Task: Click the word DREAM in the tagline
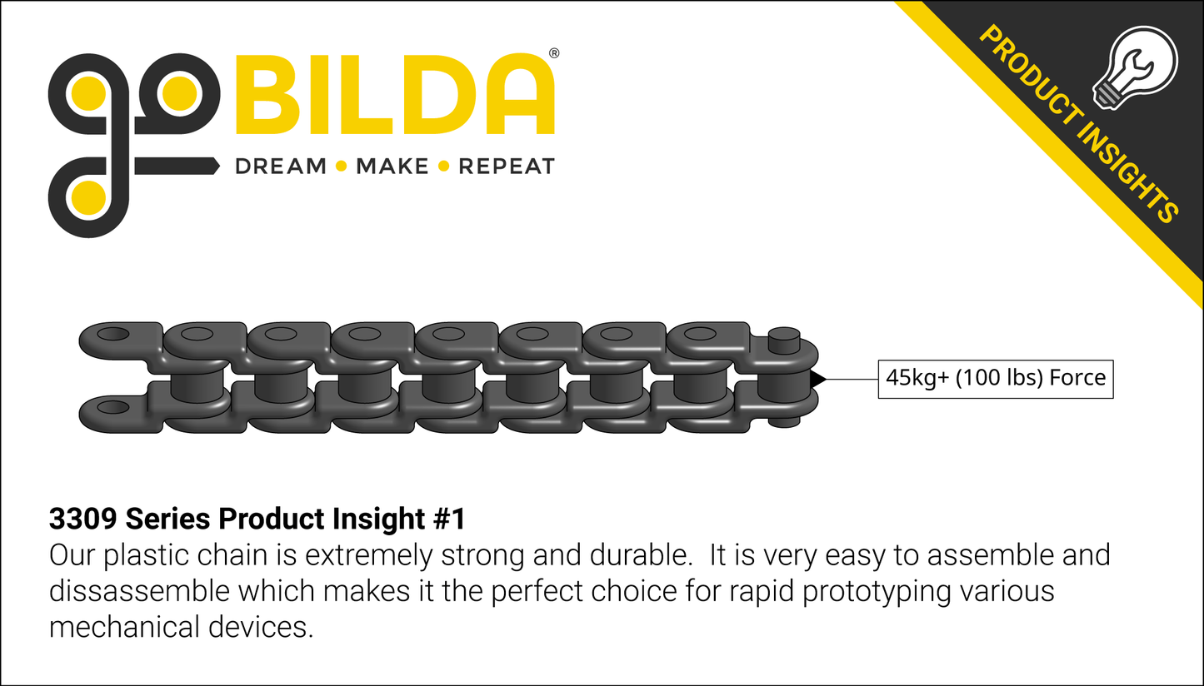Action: click(x=281, y=167)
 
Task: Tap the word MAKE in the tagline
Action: click(x=392, y=167)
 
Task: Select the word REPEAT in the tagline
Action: click(x=507, y=167)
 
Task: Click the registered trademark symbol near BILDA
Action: click(x=554, y=53)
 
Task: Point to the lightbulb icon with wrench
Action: click(x=1135, y=67)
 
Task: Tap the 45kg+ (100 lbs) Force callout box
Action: click(x=996, y=379)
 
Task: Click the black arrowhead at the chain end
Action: click(x=818, y=379)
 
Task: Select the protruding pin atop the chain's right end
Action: click(x=784, y=340)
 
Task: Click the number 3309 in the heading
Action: click(x=83, y=519)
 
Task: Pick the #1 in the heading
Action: click(x=449, y=519)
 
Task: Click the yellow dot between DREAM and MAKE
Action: click(x=342, y=167)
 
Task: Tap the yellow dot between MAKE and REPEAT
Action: click(x=444, y=167)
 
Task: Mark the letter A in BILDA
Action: click(x=520, y=93)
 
